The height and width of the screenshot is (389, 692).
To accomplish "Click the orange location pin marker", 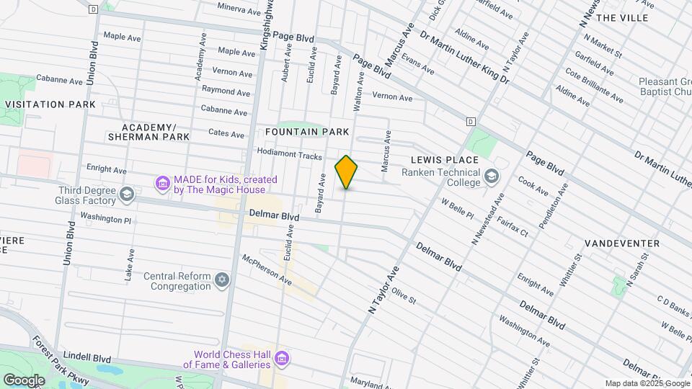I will (346, 172).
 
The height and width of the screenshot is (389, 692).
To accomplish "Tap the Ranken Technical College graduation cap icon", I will (491, 176).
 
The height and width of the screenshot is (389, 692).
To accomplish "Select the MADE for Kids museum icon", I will (162, 184).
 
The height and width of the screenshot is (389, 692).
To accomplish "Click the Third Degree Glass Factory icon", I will (128, 194).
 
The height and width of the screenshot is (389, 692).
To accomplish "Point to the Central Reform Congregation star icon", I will (222, 279).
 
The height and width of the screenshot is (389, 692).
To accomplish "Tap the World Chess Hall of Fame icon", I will (282, 358).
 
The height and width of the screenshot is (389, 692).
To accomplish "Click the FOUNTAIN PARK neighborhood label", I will (307, 132).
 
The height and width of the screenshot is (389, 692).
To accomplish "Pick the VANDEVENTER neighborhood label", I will (621, 243).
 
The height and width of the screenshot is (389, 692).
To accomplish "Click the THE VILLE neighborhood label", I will (622, 17).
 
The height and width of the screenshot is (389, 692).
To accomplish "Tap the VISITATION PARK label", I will (50, 104).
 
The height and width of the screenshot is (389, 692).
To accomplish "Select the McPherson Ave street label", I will (267, 269).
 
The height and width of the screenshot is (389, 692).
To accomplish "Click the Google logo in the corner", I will (24, 380).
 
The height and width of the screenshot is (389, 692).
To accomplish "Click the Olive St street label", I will (404, 296).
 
